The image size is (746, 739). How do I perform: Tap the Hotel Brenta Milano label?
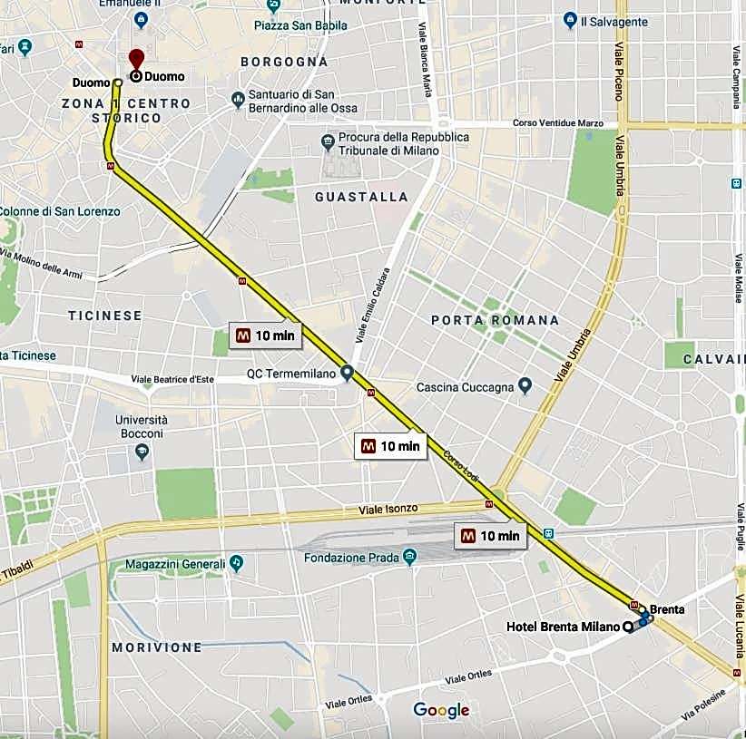click(x=563, y=627)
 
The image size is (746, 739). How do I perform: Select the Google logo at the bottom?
click(x=441, y=709)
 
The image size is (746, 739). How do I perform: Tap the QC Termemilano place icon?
click(x=347, y=373)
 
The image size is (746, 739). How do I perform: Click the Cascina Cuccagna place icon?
click(x=525, y=387)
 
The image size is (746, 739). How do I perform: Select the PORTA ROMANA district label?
click(x=495, y=320)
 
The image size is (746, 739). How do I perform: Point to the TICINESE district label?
click(x=105, y=316)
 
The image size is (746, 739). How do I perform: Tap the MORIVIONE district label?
click(x=156, y=647)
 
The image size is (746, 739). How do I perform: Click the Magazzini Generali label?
click(x=174, y=564)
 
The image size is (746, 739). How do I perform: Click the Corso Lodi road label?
click(x=460, y=467)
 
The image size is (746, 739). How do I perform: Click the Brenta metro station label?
click(x=667, y=609)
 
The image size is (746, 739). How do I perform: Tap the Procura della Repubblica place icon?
click(x=329, y=142)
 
